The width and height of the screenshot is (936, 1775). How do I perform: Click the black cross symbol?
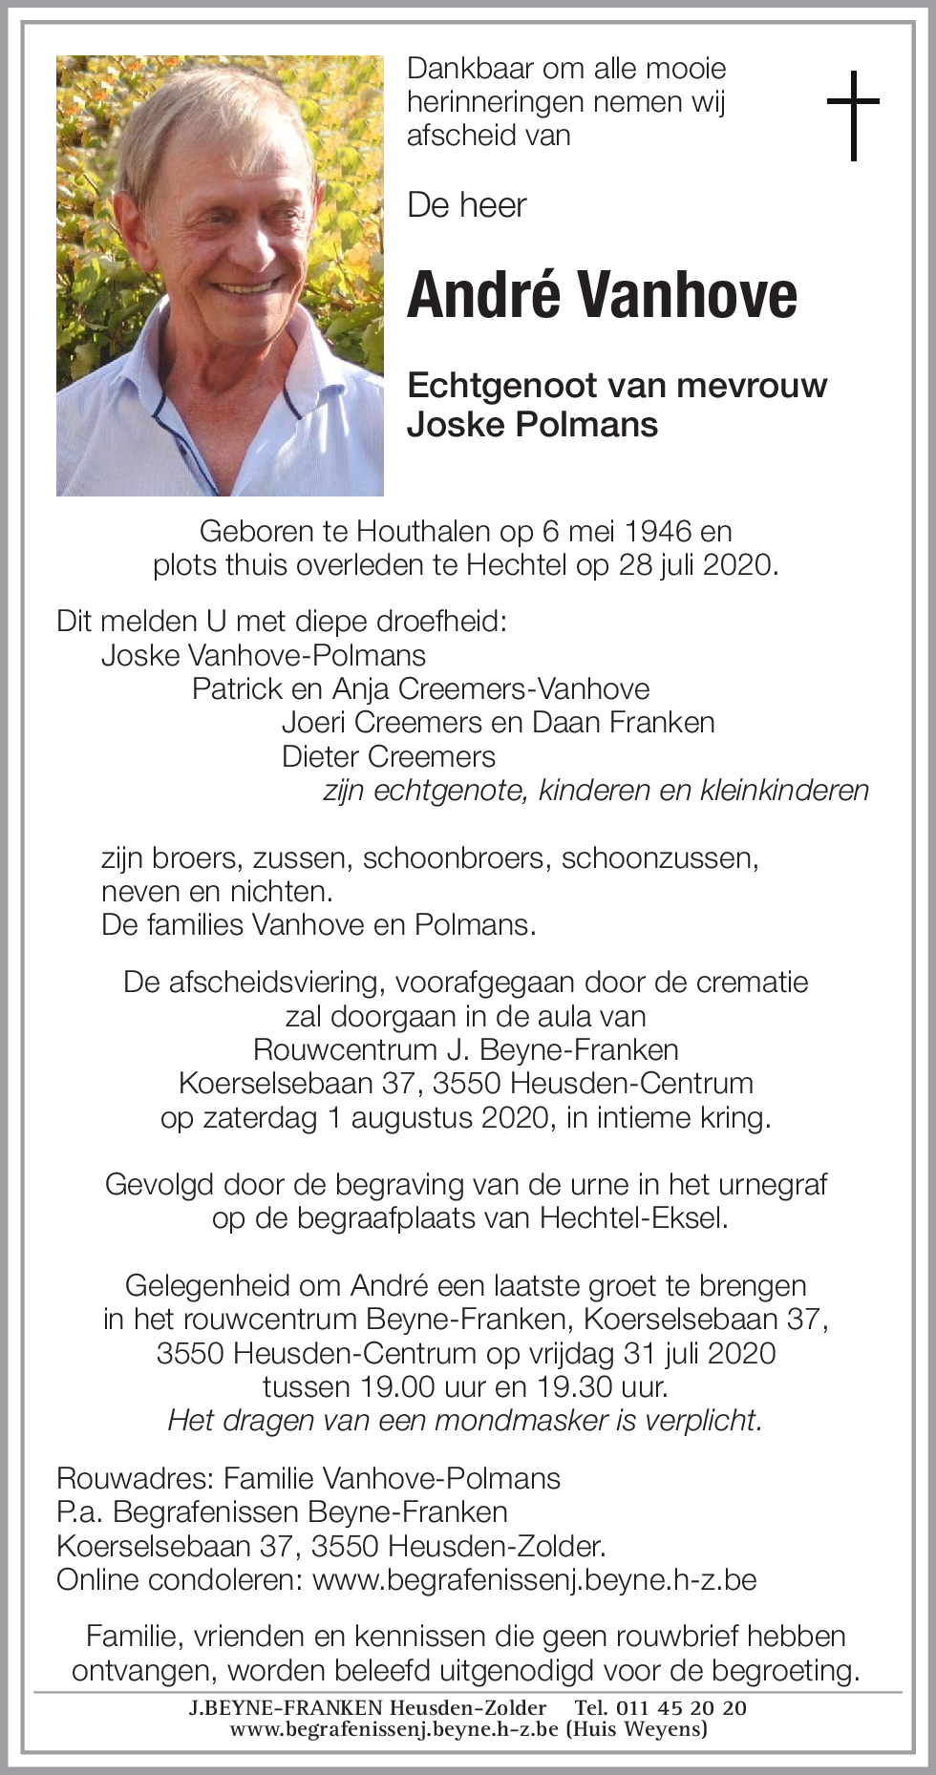pos(852,115)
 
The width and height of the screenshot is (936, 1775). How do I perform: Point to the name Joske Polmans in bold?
pos(532,424)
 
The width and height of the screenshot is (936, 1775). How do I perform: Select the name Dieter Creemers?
pos(388,756)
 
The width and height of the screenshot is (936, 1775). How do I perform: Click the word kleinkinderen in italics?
pos(784,791)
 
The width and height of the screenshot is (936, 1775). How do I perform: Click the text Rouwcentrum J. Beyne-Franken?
pos(465,1049)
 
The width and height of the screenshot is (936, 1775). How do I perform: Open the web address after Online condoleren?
pos(534,1579)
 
